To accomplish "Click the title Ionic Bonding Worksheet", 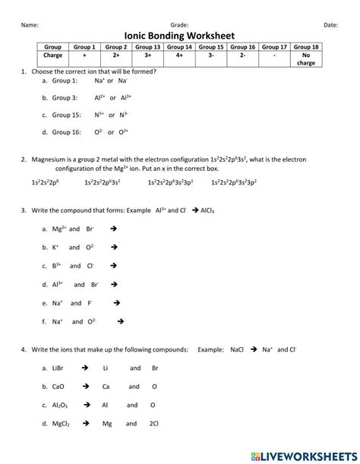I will (179, 35).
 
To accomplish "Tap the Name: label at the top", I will (30, 25).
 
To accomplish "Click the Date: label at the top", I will (330, 25).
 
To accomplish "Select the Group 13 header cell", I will (148, 47).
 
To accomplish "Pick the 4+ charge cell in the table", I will (179, 55).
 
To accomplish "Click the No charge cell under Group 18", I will (306, 59).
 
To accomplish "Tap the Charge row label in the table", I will (53, 55).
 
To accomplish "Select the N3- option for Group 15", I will (123, 115).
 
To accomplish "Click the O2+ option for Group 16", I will (122, 131).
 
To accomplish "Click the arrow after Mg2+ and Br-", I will (112, 228).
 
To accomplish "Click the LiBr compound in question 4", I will (58, 368).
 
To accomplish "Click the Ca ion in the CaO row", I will (106, 386).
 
